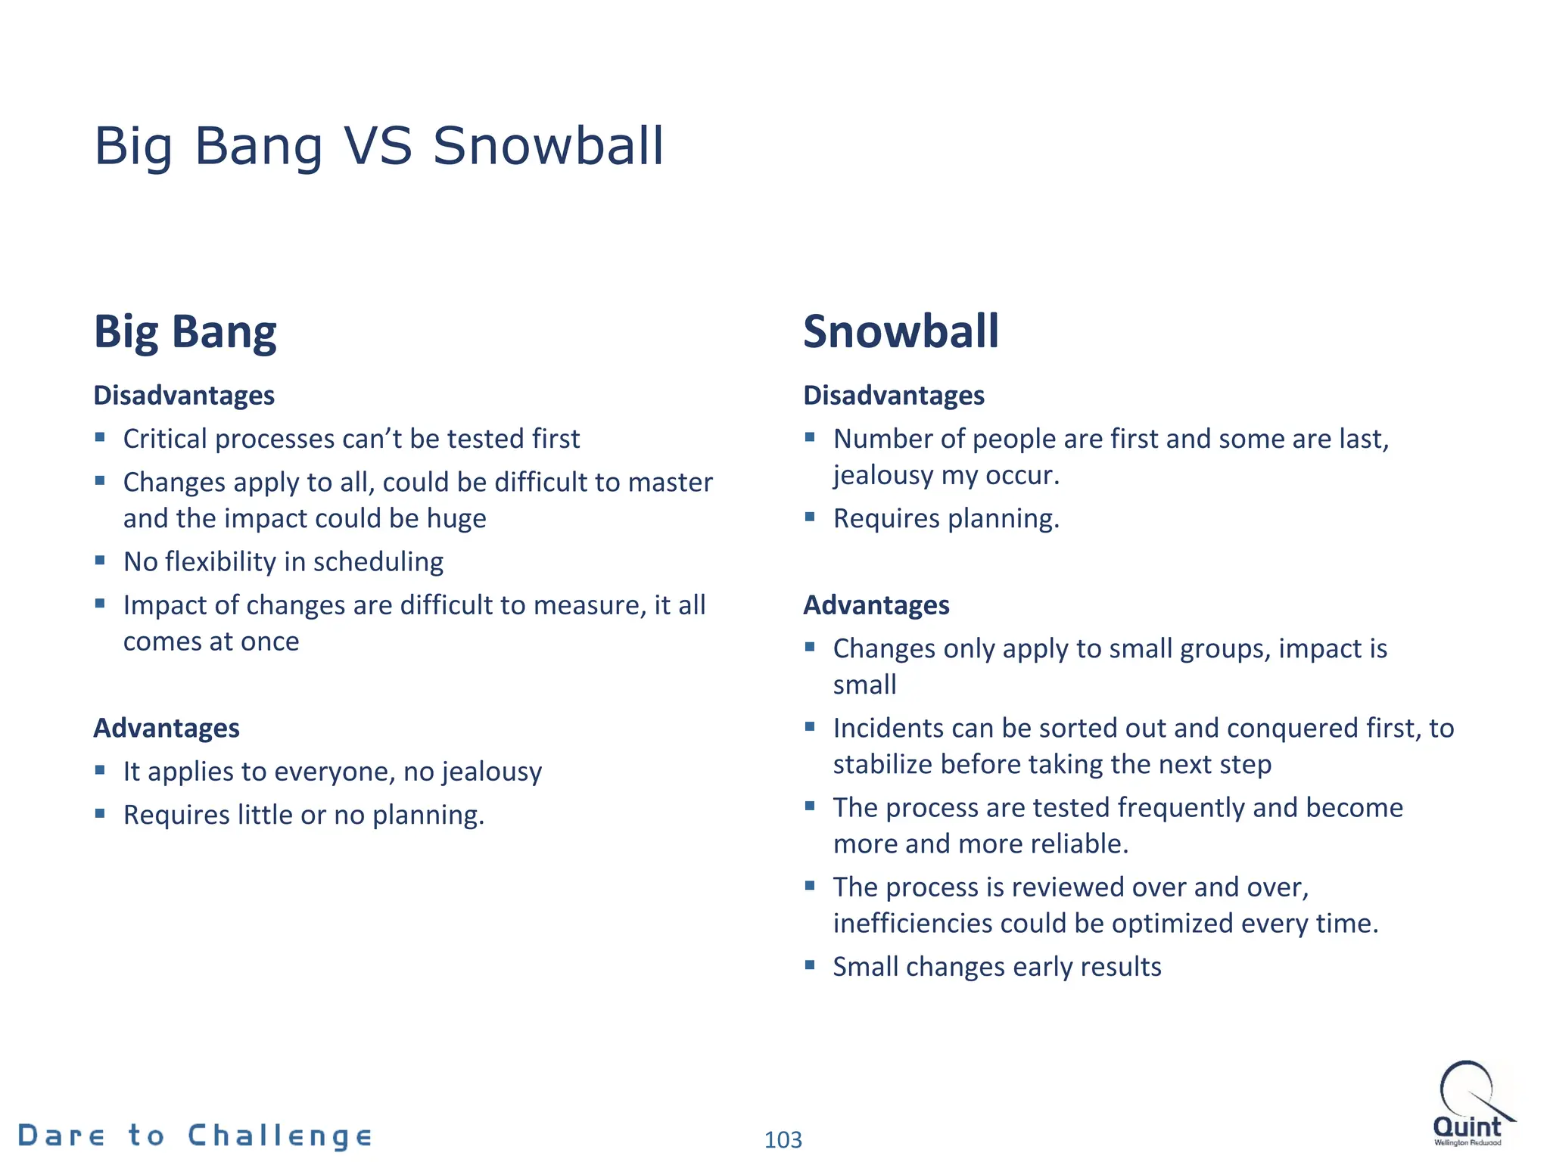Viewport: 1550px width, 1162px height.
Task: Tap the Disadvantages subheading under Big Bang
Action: point(184,396)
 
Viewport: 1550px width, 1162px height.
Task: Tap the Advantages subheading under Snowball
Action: point(876,605)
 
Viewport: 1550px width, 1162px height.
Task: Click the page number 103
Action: point(783,1139)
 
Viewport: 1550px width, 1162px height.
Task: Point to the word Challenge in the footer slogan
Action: point(279,1136)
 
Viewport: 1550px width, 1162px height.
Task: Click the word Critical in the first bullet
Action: point(166,439)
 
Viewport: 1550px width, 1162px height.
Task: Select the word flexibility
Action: point(220,562)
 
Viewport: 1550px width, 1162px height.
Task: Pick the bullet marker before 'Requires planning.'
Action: point(810,517)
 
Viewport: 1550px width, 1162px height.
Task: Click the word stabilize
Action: point(882,765)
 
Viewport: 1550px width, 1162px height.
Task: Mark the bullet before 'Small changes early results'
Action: point(810,965)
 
